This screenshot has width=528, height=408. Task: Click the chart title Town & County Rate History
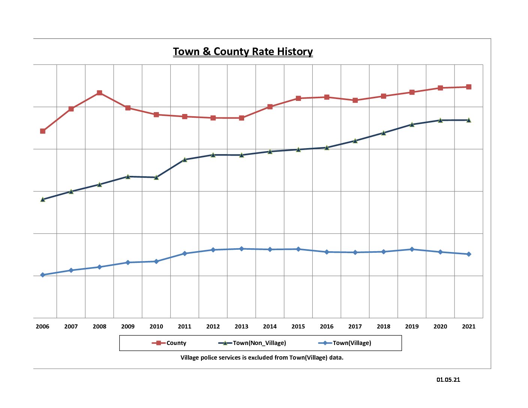243,51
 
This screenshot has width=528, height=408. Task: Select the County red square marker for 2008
99,93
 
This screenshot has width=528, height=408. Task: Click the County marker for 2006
43,131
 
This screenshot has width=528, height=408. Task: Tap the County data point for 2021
469,87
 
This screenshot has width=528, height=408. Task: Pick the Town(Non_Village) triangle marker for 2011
184,159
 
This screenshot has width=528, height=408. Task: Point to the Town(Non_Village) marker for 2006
43,199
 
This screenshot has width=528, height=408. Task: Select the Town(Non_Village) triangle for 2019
412,124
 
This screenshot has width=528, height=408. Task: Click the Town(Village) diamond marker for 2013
241,249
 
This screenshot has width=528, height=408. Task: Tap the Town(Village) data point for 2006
43,275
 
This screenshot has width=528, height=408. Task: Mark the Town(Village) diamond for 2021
469,254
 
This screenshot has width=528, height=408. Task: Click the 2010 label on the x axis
156,326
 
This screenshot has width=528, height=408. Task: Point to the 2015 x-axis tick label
298,326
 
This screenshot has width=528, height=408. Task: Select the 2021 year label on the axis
469,326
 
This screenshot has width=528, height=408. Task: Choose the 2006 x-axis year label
43,326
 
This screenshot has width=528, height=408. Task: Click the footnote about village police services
262,357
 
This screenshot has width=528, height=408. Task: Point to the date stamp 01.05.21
448,379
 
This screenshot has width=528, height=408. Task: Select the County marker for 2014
270,106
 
